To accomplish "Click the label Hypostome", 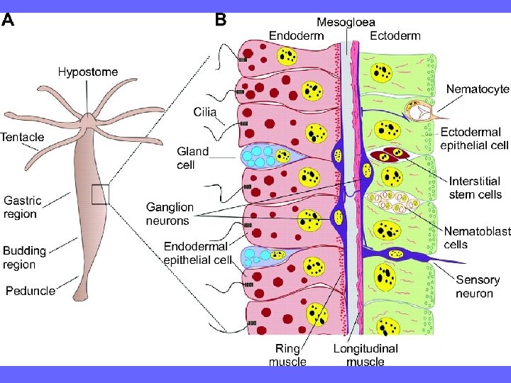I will [88, 72].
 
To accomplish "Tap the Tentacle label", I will [22, 137].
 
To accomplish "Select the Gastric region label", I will [23, 207].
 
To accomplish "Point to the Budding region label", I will [24, 257].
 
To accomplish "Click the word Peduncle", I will [31, 291].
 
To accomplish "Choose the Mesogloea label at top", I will [346, 22].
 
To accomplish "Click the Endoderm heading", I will [297, 35].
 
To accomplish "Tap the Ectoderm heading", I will [395, 35].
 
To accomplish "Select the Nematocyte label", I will [478, 89].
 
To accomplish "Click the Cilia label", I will [205, 111].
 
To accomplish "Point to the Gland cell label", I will [192, 157].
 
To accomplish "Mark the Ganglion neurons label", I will [170, 213].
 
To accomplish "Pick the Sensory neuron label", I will [478, 287].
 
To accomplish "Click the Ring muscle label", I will [287, 355].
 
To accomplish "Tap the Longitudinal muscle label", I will [366, 355].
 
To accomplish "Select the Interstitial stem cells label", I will [475, 188].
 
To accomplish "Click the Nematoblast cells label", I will [475, 238].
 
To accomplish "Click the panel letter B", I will [221, 20].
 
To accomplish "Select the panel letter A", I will [8, 20].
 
